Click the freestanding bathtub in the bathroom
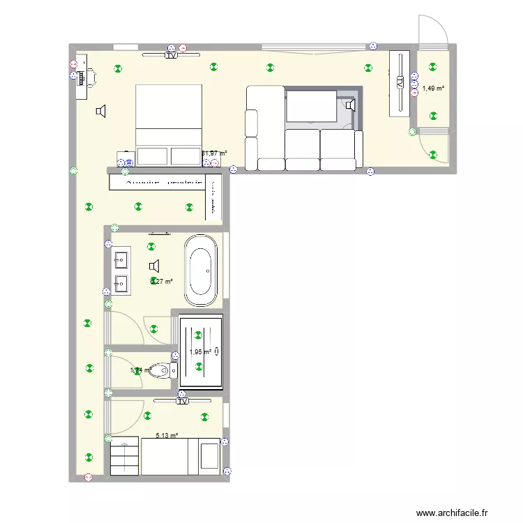click(x=200, y=271)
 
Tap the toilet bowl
click(x=160, y=370)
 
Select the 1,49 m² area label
click(x=433, y=89)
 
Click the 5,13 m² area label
click(x=167, y=436)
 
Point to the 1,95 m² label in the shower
click(x=199, y=352)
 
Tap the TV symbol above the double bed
click(x=171, y=55)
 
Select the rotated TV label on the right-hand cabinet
click(x=400, y=82)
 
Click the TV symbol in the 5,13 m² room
click(x=183, y=401)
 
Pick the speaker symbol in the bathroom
click(x=154, y=266)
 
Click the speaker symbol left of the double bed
click(x=101, y=111)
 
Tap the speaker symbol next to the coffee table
click(x=349, y=105)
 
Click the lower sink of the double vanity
click(x=121, y=284)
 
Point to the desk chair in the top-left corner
click(x=90, y=77)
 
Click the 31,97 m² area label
click(x=214, y=153)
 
